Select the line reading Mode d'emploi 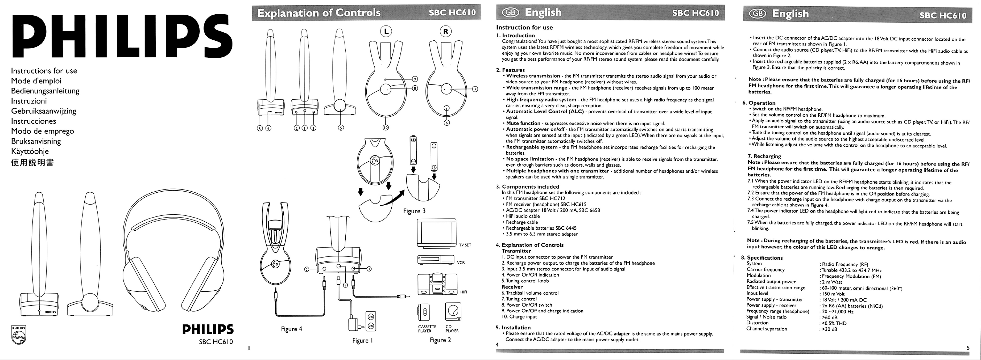click(x=36, y=81)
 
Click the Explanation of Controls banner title click(x=319, y=13)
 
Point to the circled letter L click(x=386, y=32)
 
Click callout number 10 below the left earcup click(x=386, y=128)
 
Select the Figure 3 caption click(x=414, y=211)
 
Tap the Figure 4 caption click(x=291, y=329)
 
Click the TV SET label click(x=465, y=245)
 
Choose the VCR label click(x=461, y=262)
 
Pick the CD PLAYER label click(x=452, y=329)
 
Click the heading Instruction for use click(x=524, y=28)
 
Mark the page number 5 click(x=968, y=347)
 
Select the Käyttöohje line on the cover click(x=30, y=151)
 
